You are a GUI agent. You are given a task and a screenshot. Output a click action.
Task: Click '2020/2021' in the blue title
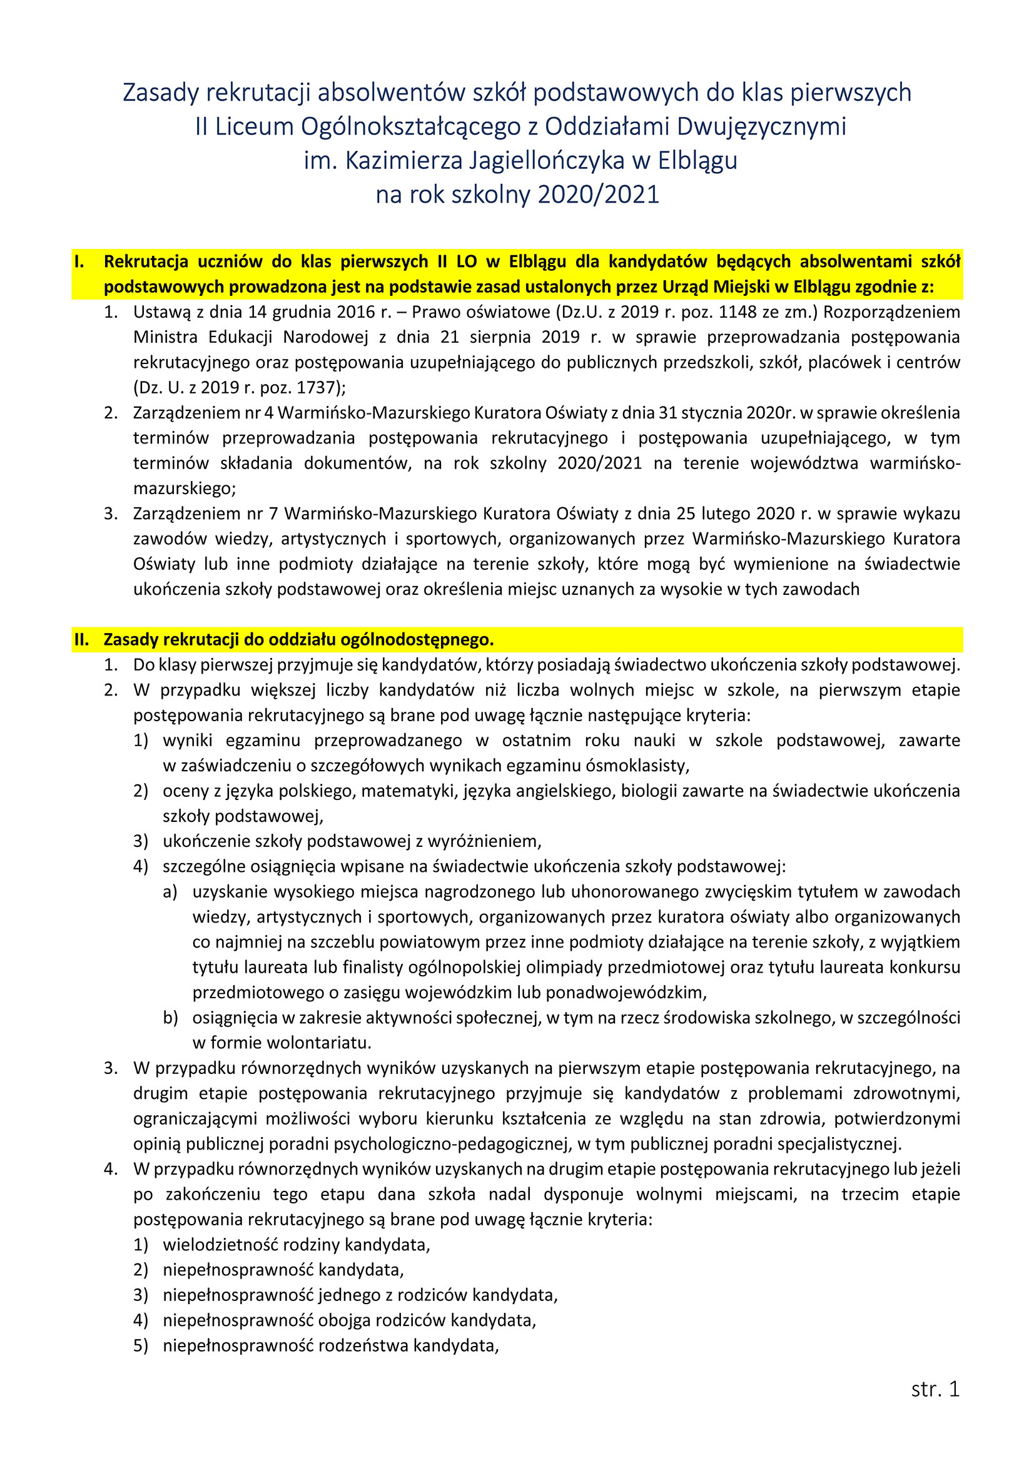tap(598, 195)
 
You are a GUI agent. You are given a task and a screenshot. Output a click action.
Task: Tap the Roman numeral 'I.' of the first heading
tap(79, 261)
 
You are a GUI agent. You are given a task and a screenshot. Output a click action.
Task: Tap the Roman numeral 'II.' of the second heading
tap(82, 639)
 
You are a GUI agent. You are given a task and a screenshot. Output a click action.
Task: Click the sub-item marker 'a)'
tap(170, 891)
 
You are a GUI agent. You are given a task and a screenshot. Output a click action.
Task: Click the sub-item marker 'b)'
tap(170, 1018)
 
